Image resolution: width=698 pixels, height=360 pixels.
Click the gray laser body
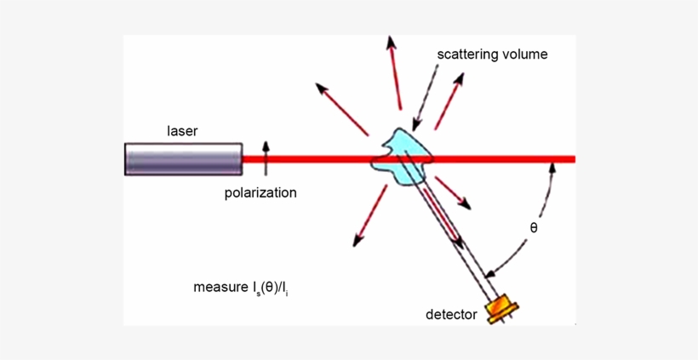click(183, 159)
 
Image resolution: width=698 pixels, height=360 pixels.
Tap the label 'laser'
click(182, 131)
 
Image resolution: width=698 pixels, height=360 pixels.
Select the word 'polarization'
click(260, 193)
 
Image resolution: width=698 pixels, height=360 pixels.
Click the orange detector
click(501, 309)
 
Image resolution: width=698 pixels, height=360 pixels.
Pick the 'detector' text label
click(451, 316)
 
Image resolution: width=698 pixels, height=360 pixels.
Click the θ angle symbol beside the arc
click(534, 228)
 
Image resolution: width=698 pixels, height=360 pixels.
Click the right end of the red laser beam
click(571, 159)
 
